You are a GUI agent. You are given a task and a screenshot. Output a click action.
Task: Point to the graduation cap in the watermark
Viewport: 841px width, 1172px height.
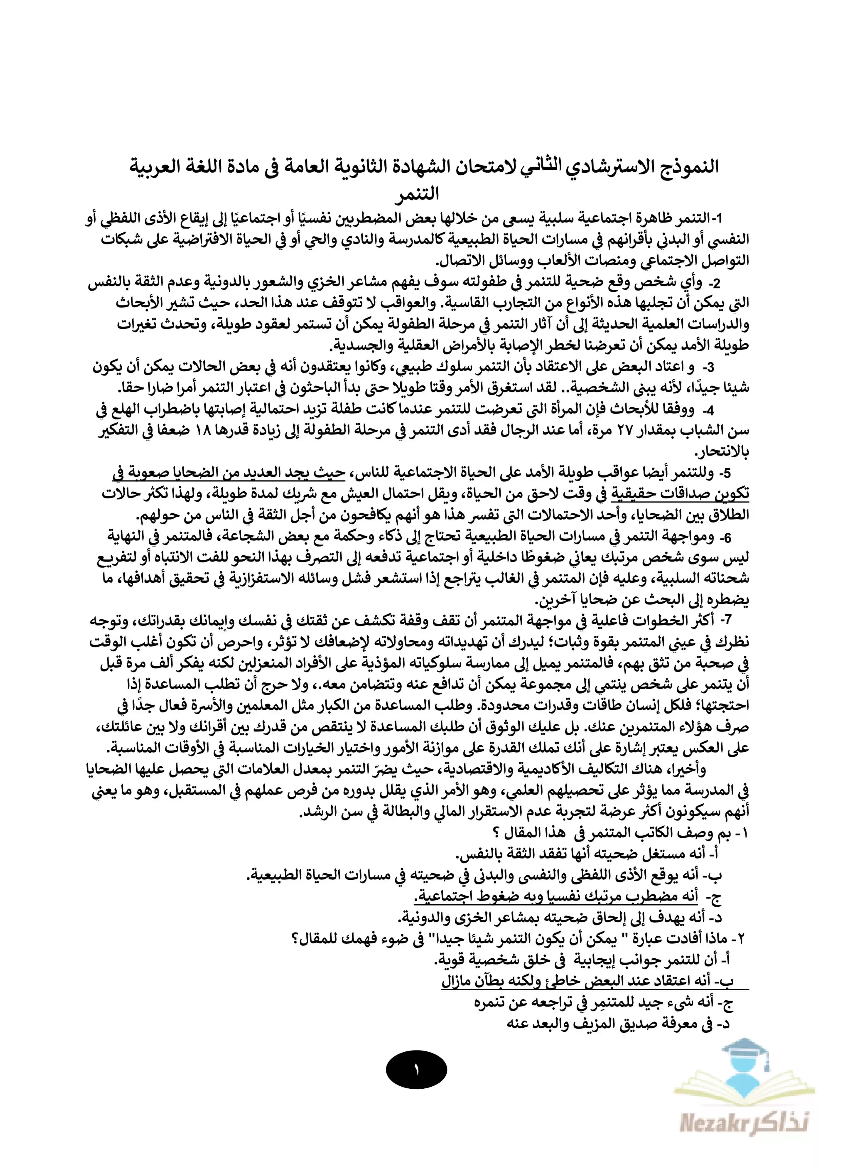click(745, 1044)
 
